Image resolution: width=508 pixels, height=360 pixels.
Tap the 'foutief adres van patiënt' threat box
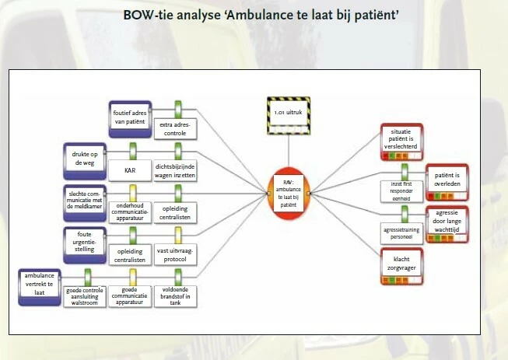(129, 119)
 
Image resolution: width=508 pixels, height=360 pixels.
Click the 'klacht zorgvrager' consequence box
(405, 260)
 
